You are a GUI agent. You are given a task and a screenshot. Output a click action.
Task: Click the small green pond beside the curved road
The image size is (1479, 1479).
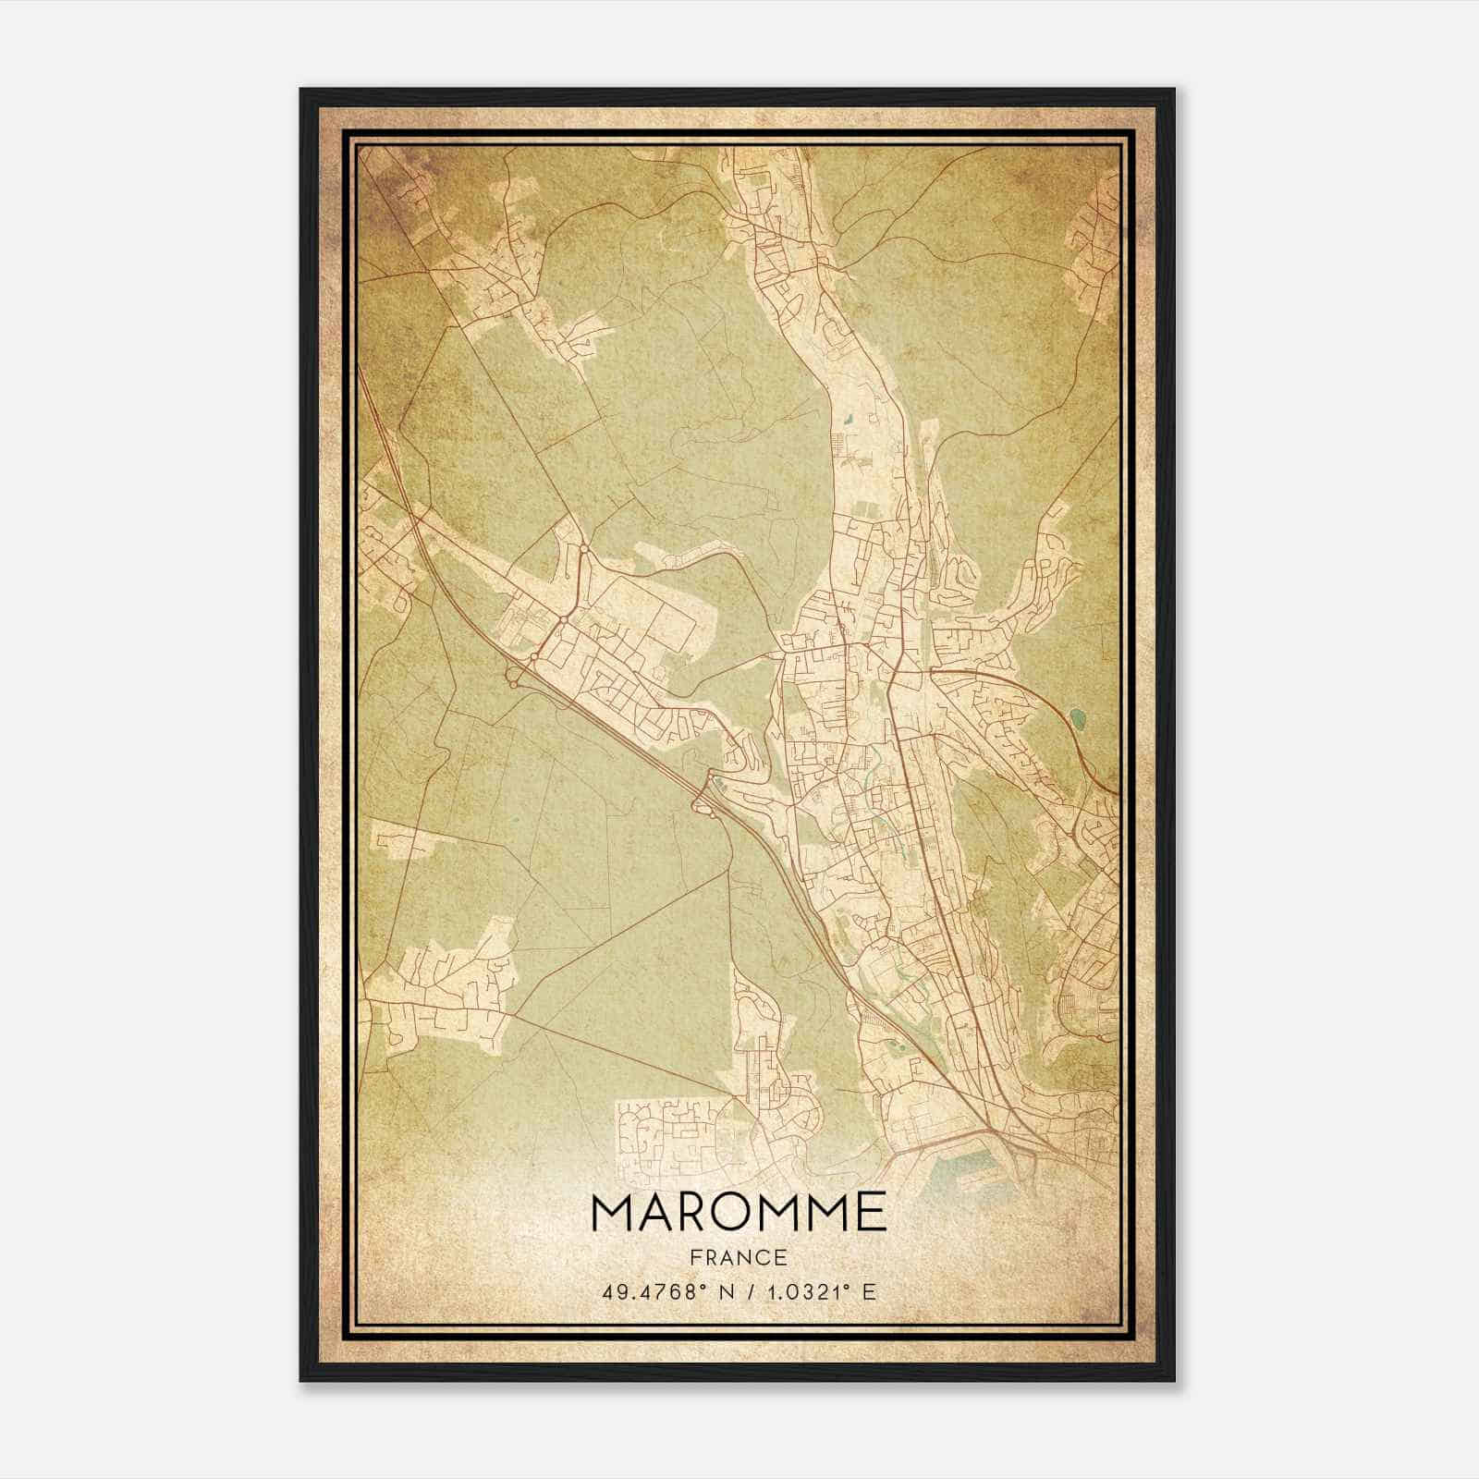tap(1077, 715)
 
